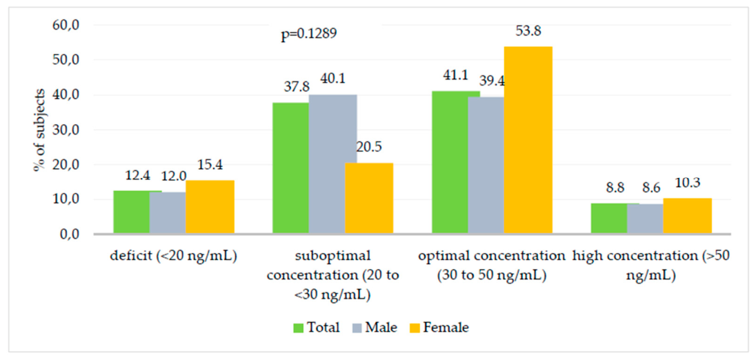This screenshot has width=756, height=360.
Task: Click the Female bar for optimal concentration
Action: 528,140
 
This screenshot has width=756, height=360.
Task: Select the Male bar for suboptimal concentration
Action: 332,164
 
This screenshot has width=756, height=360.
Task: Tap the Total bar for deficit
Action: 131,212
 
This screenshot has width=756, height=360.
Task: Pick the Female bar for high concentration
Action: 687,217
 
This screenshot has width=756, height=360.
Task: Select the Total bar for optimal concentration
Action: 450,162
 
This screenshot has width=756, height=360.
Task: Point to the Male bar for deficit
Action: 168,214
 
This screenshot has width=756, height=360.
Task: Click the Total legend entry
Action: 317,328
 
